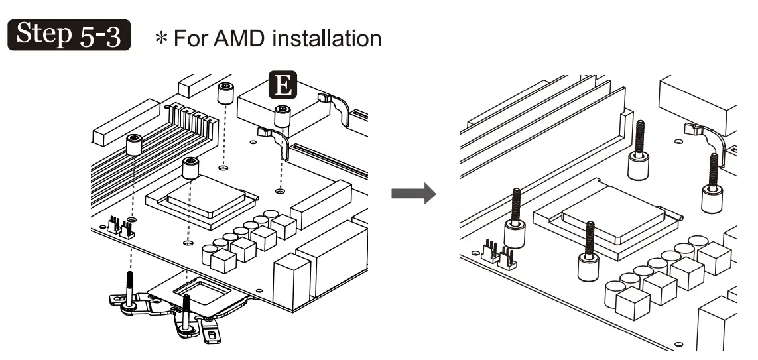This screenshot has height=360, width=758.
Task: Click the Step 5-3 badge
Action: pyautogui.click(x=69, y=34)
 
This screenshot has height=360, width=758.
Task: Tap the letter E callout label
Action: pyautogui.click(x=283, y=85)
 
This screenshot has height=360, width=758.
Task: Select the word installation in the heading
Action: pyautogui.click(x=327, y=38)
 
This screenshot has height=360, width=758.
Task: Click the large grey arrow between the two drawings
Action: pyautogui.click(x=413, y=194)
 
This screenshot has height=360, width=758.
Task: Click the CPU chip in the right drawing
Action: pyautogui.click(x=614, y=215)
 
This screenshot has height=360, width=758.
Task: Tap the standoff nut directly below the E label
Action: pyautogui.click(x=283, y=116)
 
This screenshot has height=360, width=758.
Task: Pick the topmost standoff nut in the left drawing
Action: pyautogui.click(x=225, y=93)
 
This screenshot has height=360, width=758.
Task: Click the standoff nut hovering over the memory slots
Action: pyautogui.click(x=134, y=145)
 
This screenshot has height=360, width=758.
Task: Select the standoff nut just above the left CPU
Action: pyautogui.click(x=190, y=168)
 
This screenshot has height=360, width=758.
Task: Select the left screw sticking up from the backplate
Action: pyautogui.click(x=129, y=290)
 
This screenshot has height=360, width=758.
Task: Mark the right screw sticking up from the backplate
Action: pyautogui.click(x=186, y=313)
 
